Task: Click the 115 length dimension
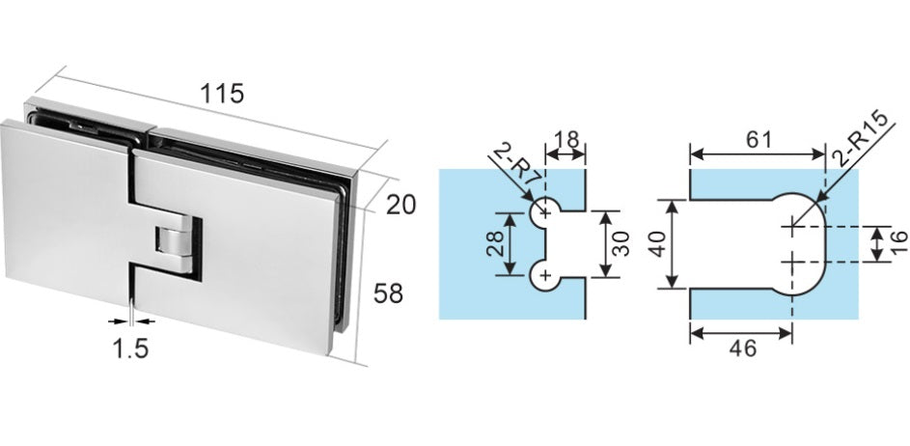click(222, 94)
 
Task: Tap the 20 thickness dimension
click(401, 205)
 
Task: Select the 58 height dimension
click(388, 293)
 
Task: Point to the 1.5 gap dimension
click(130, 348)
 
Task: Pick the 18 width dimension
click(565, 140)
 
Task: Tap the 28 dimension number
click(494, 244)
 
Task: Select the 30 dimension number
click(621, 244)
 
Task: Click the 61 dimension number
click(758, 140)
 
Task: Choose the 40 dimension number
click(657, 243)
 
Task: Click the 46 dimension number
click(743, 348)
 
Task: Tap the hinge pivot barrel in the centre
click(173, 243)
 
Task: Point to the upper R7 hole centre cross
click(545, 214)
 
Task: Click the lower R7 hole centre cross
click(545, 274)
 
